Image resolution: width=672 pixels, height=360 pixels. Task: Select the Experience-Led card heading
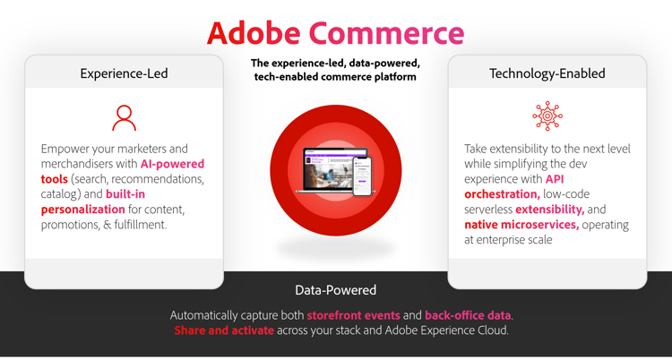pyautogui.click(x=124, y=73)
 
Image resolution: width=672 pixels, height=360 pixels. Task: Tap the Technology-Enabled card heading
pyautogui.click(x=547, y=73)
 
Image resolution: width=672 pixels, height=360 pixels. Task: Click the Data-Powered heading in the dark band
pyautogui.click(x=335, y=290)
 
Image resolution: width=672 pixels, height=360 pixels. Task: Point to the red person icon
pyautogui.click(x=124, y=117)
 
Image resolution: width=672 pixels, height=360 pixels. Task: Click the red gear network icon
pyautogui.click(x=547, y=116)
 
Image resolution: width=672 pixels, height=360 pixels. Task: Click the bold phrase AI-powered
pyautogui.click(x=172, y=164)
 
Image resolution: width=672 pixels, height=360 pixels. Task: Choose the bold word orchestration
pyautogui.click(x=502, y=194)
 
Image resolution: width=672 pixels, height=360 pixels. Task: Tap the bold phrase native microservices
pyautogui.click(x=521, y=225)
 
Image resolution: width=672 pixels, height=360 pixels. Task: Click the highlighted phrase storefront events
pyautogui.click(x=353, y=315)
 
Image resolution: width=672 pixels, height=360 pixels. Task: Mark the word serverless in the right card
pyautogui.click(x=489, y=210)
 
